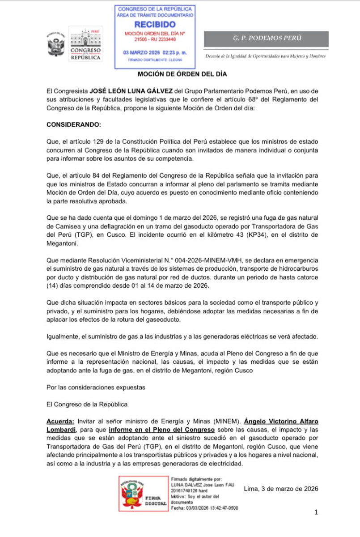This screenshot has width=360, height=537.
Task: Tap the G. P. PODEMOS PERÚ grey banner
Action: click(x=267, y=38)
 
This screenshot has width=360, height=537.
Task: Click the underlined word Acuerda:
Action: click(x=61, y=422)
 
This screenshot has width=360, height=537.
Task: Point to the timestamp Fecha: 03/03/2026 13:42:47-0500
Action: click(x=205, y=508)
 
